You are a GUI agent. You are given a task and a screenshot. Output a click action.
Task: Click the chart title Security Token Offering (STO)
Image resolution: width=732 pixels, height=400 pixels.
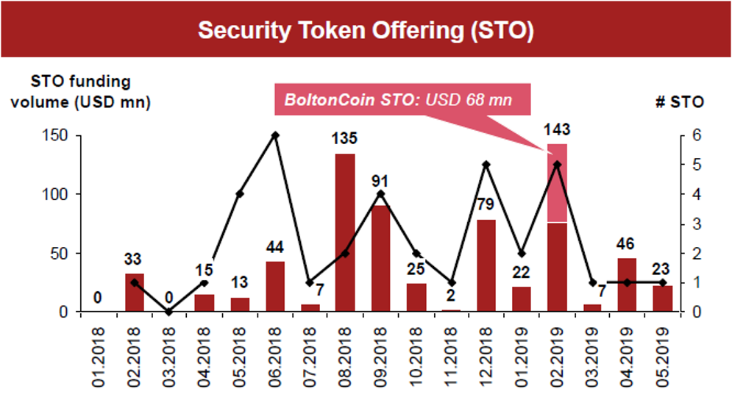[x=366, y=31]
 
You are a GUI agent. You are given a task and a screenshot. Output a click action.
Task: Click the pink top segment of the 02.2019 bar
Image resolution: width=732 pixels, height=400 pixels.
[x=557, y=183]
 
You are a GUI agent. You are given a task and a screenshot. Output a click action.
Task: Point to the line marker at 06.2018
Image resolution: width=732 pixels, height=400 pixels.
[x=275, y=135]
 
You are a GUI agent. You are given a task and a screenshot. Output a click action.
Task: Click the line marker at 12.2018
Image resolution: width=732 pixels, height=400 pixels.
[x=486, y=165]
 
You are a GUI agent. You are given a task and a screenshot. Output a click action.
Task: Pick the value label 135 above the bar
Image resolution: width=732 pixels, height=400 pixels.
[x=345, y=140]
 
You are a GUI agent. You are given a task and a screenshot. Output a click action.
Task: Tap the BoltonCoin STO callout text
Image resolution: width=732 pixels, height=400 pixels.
[x=398, y=99]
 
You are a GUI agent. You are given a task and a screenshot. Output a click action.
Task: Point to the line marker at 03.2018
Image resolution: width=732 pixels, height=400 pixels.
[x=169, y=312]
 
